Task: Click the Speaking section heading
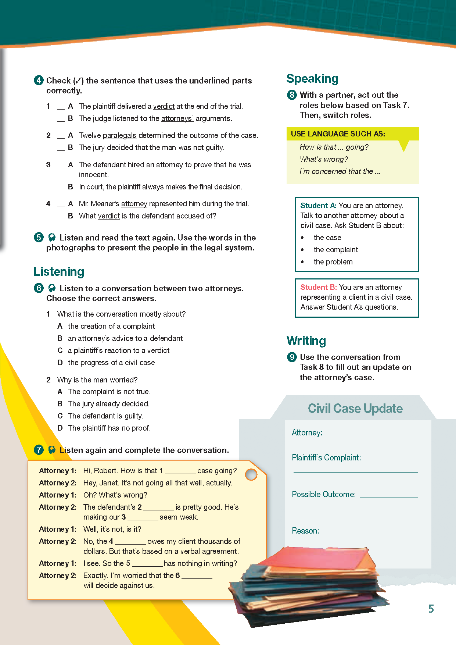coord(312,79)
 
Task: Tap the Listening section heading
coord(59,272)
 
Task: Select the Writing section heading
coord(306,341)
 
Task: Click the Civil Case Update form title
coord(355,409)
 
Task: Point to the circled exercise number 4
coord(39,80)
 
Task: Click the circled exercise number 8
coord(292,95)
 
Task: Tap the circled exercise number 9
coord(292,357)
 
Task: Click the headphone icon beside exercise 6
coord(52,288)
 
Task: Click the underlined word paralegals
coord(119,135)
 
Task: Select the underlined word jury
coord(99,147)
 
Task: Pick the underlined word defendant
coord(109,165)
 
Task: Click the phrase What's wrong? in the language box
coord(324,159)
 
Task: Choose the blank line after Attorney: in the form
coord(373,434)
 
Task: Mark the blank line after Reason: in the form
coord(371,532)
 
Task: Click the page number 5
coord(431,609)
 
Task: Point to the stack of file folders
coord(309,585)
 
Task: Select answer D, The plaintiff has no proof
coord(109,428)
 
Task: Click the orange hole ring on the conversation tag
coord(251,474)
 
